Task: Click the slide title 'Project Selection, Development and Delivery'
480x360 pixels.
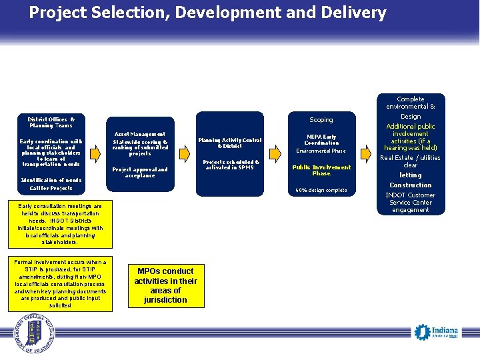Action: pyautogui.click(x=207, y=13)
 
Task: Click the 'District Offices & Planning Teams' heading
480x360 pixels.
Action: pyautogui.click(x=51, y=122)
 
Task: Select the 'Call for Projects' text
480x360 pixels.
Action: pyautogui.click(x=51, y=189)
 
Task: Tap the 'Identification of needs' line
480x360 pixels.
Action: pyautogui.click(x=51, y=180)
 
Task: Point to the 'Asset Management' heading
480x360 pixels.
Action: pyautogui.click(x=140, y=134)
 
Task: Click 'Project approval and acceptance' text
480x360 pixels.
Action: pyautogui.click(x=140, y=173)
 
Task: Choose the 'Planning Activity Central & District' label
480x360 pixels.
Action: pyautogui.click(x=229, y=143)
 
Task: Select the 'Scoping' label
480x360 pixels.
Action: pyautogui.click(x=321, y=120)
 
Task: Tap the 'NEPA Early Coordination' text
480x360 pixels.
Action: pyautogui.click(x=321, y=140)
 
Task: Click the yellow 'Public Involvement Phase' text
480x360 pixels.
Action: pyautogui.click(x=321, y=170)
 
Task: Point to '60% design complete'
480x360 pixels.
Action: pyautogui.click(x=321, y=190)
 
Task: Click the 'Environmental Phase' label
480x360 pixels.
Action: pyautogui.click(x=321, y=151)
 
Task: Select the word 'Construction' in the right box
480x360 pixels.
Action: pyautogui.click(x=411, y=185)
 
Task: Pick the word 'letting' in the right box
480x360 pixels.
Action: pyautogui.click(x=411, y=175)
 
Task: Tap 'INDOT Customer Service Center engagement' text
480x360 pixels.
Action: pyautogui.click(x=411, y=202)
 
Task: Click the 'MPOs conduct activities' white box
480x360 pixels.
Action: pyautogui.click(x=165, y=286)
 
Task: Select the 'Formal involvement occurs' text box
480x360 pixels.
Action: pyautogui.click(x=60, y=284)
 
